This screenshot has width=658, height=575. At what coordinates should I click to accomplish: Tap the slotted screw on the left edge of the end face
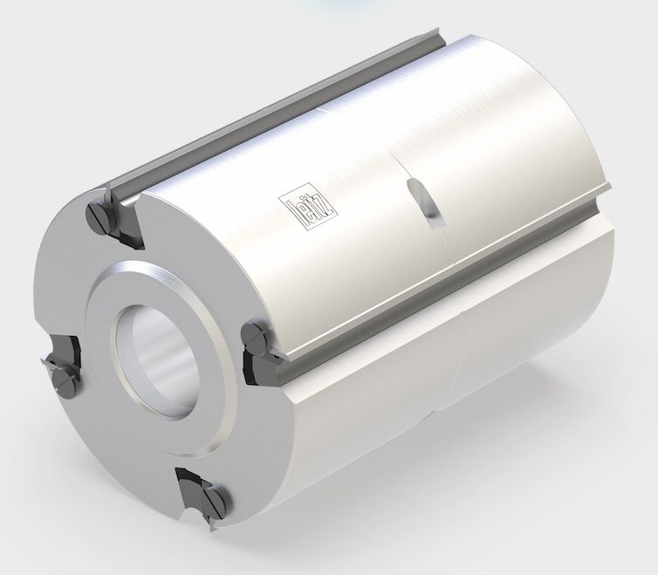coord(65,376)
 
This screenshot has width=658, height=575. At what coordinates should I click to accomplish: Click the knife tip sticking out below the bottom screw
coord(209,525)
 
